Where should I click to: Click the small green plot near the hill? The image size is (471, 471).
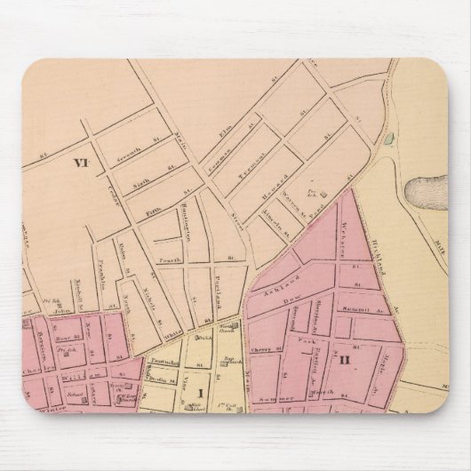point(389,137)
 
